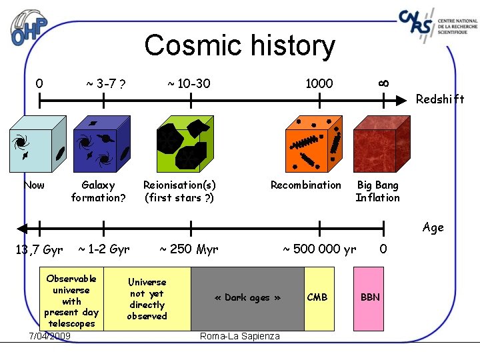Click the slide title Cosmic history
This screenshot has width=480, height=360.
[x=239, y=46]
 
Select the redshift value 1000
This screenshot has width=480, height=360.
[x=319, y=83]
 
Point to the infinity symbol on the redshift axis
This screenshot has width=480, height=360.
[x=383, y=82]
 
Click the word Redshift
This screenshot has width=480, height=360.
[x=439, y=99]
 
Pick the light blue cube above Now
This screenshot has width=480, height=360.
[x=39, y=144]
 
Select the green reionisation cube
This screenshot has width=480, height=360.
[x=185, y=144]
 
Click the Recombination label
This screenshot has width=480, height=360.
[x=305, y=185]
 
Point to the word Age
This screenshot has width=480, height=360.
[x=433, y=227]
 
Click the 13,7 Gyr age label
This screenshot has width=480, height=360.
[x=39, y=250]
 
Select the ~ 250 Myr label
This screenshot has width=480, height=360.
[x=189, y=249]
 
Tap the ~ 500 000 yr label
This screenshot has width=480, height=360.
[x=319, y=249]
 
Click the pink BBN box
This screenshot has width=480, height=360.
[x=369, y=298]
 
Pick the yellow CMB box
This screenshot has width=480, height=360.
[x=319, y=298]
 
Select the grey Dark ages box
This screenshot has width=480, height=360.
[x=247, y=298]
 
